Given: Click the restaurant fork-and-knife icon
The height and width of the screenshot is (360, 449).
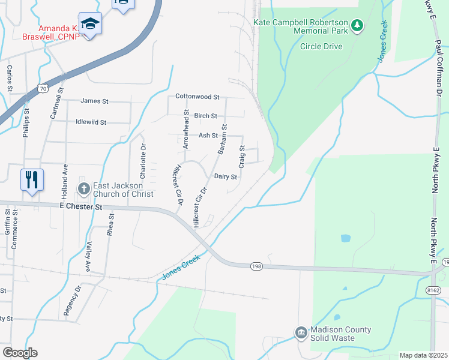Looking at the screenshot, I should coord(32,179).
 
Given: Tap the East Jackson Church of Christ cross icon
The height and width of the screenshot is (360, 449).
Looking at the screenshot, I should coord(85,189).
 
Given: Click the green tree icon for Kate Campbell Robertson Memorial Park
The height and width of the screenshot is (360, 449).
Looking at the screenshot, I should coord(357,25).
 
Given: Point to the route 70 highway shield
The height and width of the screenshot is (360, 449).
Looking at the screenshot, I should coord(42,88).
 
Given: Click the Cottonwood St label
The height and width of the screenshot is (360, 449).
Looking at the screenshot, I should coord(197,96).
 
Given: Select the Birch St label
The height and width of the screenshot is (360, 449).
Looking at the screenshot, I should coord(205,115).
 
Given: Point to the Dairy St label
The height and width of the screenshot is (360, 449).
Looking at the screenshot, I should coord(226,177).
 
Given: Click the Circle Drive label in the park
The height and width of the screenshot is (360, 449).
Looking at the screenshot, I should coord(321,46).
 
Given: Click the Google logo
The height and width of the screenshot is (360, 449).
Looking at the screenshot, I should coord(20,353).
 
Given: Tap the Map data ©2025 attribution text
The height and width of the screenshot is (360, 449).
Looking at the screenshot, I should coord(423,355).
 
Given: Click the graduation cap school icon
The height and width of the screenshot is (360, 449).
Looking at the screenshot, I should coord(90,23).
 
